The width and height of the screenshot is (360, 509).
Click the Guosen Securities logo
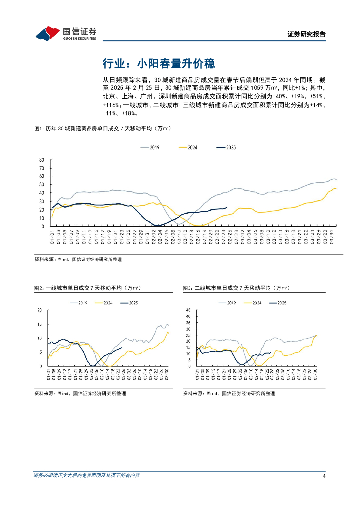click(x=66, y=33)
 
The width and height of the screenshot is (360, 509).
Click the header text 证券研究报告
click(x=307, y=34)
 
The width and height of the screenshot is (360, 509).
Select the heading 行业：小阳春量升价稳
click(x=158, y=63)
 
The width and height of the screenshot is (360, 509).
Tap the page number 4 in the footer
click(x=324, y=476)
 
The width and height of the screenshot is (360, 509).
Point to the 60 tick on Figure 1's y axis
click(x=42, y=160)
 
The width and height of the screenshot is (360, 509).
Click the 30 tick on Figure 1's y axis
click(x=42, y=184)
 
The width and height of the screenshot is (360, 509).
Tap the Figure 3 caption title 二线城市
click(x=236, y=288)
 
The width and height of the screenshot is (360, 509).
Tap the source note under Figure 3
click(x=229, y=393)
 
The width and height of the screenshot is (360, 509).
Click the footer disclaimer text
click(x=87, y=476)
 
